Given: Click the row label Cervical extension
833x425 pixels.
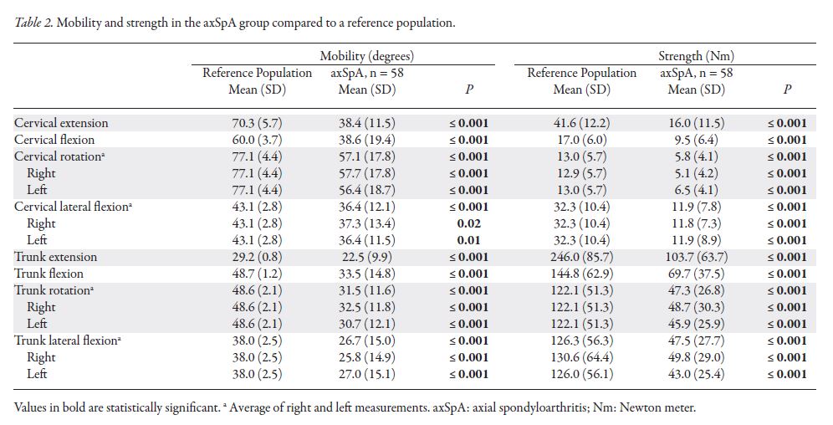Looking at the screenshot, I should coord(61,123).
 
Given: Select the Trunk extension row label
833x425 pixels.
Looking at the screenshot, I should coord(55,257).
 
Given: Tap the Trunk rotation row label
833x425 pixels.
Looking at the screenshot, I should coord(53,290).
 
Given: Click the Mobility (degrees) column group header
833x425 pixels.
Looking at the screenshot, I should coord(367,56).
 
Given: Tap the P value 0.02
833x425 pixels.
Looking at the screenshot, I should coord(476,223).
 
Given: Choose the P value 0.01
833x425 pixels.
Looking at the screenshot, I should coord(476,240).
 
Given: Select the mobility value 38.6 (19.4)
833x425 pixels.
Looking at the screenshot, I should coord(367,140).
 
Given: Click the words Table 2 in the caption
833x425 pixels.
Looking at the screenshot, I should coord(34,23).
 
